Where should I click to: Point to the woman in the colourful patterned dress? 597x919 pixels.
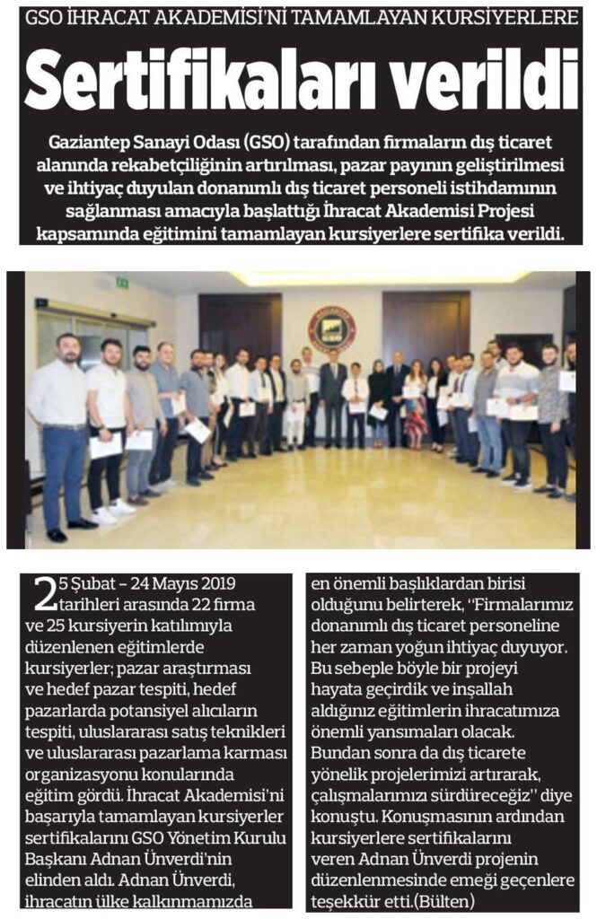click(x=417, y=404)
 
